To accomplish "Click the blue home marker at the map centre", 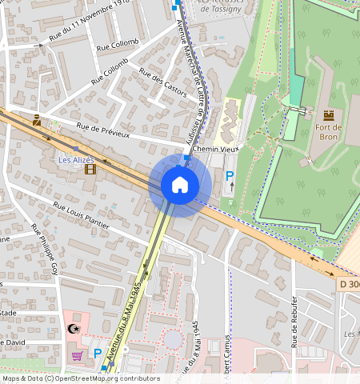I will [180, 186].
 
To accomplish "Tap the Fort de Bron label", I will [328, 132].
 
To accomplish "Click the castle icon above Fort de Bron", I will [328, 116].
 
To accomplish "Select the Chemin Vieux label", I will [217, 150].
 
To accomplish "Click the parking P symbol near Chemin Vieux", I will [230, 176].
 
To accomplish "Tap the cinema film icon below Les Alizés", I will [90, 170].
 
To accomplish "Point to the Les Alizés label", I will [77, 160].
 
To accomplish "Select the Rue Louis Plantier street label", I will [81, 215].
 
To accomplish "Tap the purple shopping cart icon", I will [78, 355].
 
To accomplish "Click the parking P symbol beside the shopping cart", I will [98, 353].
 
